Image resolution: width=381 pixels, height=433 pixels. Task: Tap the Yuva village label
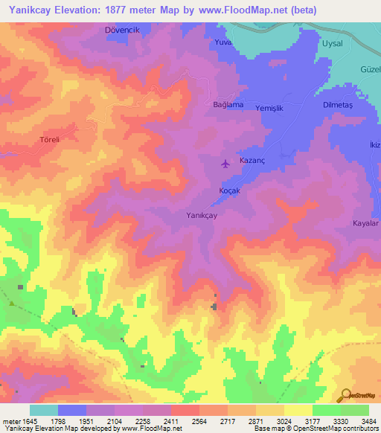click(224, 42)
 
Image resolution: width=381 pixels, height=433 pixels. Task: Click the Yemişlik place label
click(270, 107)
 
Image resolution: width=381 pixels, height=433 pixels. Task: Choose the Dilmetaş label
click(337, 105)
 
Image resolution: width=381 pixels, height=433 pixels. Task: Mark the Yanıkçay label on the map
click(201, 215)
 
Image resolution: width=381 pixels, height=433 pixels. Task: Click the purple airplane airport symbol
click(226, 164)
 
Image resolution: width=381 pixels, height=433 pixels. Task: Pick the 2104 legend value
click(115, 420)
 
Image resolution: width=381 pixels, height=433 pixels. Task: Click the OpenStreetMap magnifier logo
click(346, 396)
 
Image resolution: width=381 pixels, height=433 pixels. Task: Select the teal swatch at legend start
click(43, 410)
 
